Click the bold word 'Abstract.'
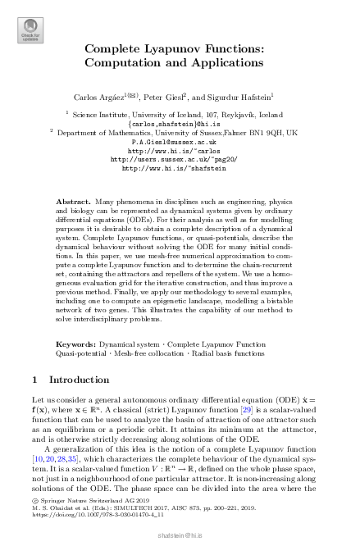click(x=71, y=201)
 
